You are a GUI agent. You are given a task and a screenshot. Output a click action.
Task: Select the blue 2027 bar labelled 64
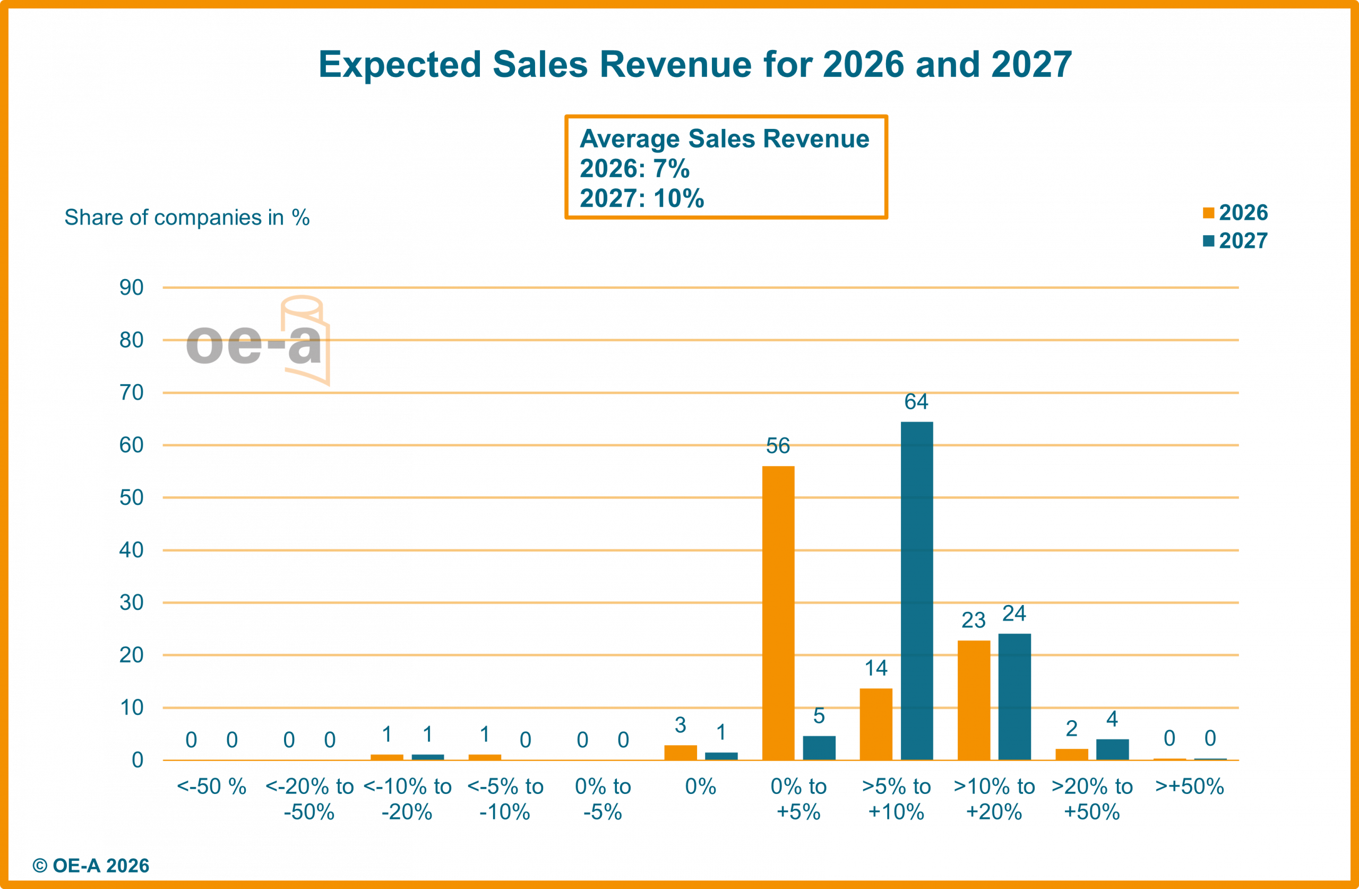click(917, 590)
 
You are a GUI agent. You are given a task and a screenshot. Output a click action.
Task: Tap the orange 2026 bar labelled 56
click(778, 612)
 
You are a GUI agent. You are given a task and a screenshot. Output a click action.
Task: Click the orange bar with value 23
click(974, 700)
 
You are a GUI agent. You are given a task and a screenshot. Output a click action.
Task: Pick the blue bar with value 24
click(1014, 696)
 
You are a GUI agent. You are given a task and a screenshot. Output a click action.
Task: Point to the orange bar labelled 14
click(876, 723)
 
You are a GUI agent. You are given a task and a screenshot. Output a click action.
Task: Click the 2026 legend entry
click(1236, 213)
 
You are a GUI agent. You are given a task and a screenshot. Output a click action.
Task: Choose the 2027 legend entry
click(1236, 241)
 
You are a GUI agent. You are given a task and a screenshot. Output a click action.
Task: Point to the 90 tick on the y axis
click(131, 288)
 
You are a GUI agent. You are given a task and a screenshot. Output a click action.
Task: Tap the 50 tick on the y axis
click(131, 498)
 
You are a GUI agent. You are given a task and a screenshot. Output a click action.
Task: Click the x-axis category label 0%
click(700, 787)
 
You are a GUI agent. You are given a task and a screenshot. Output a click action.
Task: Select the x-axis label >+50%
click(1190, 787)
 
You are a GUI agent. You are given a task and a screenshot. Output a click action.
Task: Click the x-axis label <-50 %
click(211, 787)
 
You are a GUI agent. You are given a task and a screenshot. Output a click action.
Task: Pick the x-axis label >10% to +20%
click(994, 799)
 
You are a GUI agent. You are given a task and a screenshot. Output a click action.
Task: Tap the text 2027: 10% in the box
click(642, 198)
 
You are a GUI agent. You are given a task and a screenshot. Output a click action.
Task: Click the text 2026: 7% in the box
click(634, 168)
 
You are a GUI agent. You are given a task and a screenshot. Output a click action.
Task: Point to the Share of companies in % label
click(187, 218)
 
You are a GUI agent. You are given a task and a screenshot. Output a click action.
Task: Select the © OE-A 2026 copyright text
click(91, 866)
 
